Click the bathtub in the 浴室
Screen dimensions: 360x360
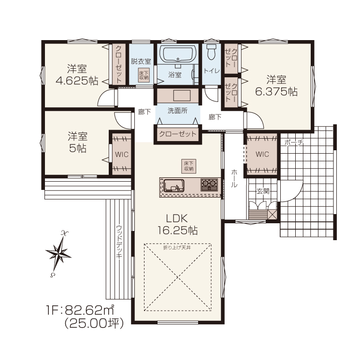[178, 54]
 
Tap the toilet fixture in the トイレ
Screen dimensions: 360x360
[211, 51]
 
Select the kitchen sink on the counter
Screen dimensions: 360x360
[173, 186]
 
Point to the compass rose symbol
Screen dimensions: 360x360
[58, 253]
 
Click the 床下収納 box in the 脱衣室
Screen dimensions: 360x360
[144, 75]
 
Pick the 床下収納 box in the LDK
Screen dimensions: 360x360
[188, 166]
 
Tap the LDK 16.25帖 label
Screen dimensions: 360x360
[177, 224]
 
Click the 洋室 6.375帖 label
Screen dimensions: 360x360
[276, 86]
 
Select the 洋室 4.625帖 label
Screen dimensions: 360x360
[77, 75]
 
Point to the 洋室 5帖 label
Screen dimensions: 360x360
[78, 143]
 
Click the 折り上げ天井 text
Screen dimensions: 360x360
[177, 247]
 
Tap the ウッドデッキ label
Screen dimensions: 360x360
[119, 242]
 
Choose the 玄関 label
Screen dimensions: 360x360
[263, 191]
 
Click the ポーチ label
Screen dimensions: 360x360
[294, 143]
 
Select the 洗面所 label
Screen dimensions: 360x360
[177, 111]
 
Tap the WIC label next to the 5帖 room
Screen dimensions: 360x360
[122, 154]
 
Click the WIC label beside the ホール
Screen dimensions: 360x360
[262, 154]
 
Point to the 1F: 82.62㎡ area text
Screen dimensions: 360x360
[80, 310]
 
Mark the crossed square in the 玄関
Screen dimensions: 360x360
[273, 214]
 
